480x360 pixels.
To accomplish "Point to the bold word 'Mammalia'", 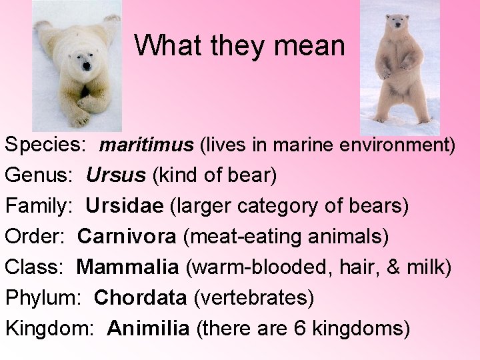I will pos(127,267).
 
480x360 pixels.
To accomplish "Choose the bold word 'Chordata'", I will pos(141,298).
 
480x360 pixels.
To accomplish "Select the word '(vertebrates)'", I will pos(253,298).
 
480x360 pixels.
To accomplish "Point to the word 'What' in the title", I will pos(165,45).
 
